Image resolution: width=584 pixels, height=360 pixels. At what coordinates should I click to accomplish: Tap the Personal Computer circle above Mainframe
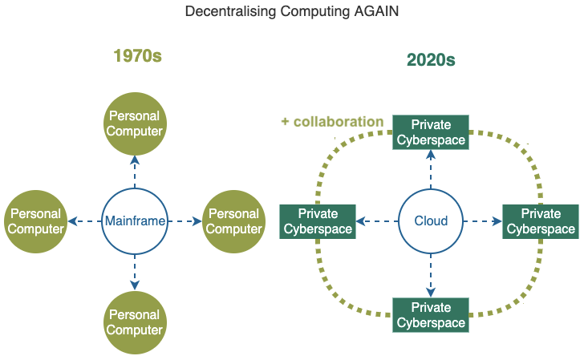[x=135, y=123]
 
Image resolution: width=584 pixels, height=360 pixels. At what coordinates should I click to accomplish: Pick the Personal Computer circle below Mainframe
[x=135, y=322]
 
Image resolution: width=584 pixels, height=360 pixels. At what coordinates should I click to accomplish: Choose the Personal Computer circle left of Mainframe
[x=36, y=221]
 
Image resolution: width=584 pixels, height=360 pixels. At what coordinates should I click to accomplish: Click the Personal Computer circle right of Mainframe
[x=234, y=221]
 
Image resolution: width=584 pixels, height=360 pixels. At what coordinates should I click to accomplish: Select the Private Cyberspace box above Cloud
[x=431, y=132]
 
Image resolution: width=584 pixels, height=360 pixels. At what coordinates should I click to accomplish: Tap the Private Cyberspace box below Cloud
[x=431, y=315]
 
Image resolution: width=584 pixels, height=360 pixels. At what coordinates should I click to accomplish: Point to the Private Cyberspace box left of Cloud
[x=318, y=221]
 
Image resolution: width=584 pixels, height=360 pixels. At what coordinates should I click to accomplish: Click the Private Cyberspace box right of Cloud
[x=541, y=221]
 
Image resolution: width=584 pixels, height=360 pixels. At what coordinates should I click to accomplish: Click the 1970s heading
[x=137, y=56]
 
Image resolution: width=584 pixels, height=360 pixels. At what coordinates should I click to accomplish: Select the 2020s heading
[x=431, y=60]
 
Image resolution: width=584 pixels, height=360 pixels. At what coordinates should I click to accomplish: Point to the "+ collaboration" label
[x=332, y=122]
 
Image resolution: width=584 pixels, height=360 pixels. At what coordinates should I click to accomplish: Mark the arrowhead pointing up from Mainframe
[x=135, y=160]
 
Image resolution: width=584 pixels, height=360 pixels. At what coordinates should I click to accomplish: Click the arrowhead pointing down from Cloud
[x=431, y=293]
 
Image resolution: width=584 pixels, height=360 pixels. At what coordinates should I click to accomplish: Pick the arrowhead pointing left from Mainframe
[x=73, y=221]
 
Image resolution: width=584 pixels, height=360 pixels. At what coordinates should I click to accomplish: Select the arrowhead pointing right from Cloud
[x=497, y=221]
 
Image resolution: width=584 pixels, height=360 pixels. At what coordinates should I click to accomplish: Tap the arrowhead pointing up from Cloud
[x=431, y=155]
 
